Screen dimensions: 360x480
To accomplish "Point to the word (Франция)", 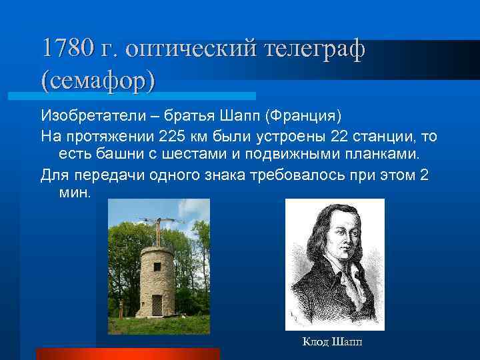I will tap(303, 116).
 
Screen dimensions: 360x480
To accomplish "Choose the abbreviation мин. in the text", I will tap(73, 192).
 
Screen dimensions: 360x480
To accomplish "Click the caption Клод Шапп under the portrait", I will tap(333, 343).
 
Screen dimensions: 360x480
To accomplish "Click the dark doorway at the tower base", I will tap(157, 306).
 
